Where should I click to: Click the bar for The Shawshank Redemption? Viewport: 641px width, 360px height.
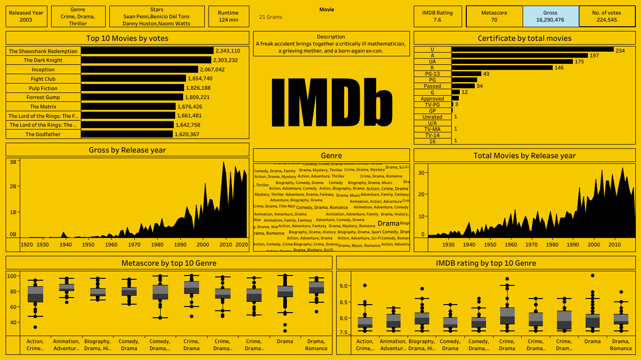(147, 51)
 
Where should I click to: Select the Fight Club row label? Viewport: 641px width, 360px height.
(43, 79)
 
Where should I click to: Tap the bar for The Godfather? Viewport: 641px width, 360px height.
(127, 134)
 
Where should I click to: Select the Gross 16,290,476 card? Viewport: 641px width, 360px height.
(550, 16)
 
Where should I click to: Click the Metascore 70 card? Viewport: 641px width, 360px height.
(494, 16)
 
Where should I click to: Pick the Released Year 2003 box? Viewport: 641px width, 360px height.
(26, 16)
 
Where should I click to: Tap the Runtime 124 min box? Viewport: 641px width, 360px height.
(229, 16)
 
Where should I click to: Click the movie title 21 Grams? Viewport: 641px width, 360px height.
(271, 17)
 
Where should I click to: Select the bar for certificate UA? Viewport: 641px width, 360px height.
(512, 61)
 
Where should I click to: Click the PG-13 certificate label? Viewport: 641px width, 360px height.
(432, 74)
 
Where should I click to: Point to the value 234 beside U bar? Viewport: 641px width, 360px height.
(620, 51)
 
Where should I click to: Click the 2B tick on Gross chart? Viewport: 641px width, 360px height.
(13, 186)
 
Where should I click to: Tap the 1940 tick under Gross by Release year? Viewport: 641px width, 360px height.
(66, 245)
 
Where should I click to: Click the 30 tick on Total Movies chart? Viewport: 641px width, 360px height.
(421, 173)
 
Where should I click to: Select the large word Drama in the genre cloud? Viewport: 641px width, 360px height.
(388, 224)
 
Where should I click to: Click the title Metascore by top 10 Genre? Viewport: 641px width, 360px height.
(169, 263)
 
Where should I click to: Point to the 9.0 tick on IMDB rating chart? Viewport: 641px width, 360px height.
(343, 286)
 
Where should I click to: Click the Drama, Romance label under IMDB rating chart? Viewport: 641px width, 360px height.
(621, 345)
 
